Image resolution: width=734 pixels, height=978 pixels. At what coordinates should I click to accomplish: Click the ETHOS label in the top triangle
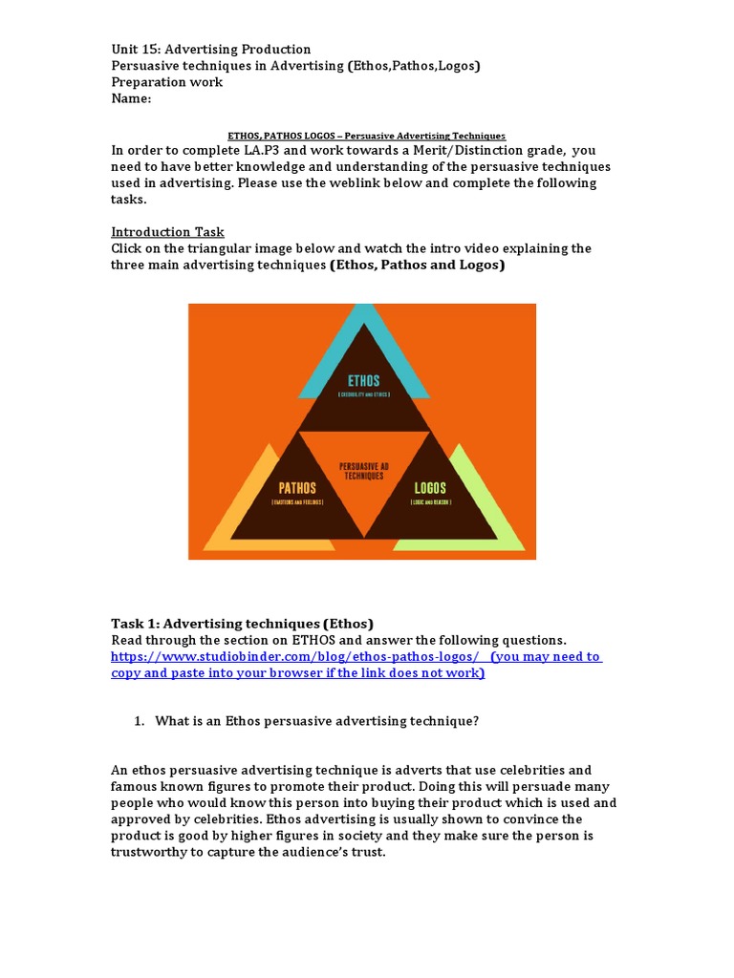[x=363, y=381]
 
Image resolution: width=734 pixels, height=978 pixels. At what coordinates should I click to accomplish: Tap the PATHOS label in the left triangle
[x=298, y=488]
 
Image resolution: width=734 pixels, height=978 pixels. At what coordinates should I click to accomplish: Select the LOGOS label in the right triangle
[x=429, y=488]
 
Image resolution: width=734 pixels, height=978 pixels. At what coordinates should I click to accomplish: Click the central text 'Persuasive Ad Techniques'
[x=362, y=471]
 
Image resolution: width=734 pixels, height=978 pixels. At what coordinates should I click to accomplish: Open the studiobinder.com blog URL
[x=294, y=657]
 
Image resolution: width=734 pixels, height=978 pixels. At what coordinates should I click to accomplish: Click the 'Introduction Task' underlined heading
[x=167, y=232]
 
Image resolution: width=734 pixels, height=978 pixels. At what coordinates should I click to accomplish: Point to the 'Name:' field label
[x=131, y=98]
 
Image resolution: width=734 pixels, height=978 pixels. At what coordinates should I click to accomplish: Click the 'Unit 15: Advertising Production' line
[x=210, y=50]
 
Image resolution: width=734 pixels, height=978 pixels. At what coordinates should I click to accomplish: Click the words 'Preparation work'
[x=166, y=82]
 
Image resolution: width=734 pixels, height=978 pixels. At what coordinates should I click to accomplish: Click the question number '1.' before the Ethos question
[x=140, y=721]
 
